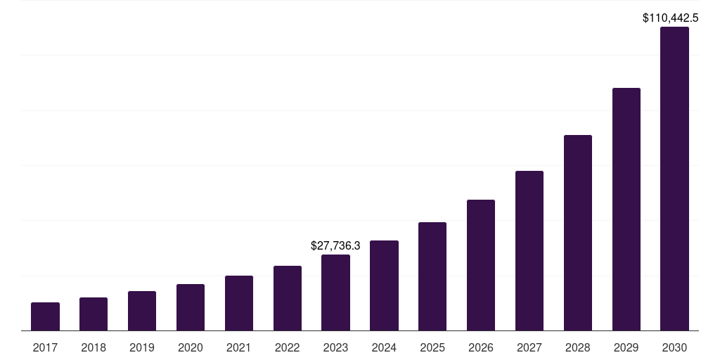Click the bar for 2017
pyautogui.click(x=45, y=316)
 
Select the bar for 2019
pyautogui.click(x=142, y=311)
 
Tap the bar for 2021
pyautogui.click(x=239, y=303)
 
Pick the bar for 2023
pyautogui.click(x=335, y=292)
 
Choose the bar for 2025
pyautogui.click(x=432, y=276)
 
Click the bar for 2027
pyautogui.click(x=529, y=250)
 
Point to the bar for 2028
pyautogui.click(x=578, y=233)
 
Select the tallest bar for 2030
pyautogui.click(x=674, y=179)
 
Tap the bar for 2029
pyautogui.click(x=626, y=209)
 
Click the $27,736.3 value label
pyautogui.click(x=335, y=245)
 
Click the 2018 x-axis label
pyautogui.click(x=94, y=347)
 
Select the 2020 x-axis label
pyautogui.click(x=191, y=347)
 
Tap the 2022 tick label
pyautogui.click(x=288, y=347)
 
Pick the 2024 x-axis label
pyautogui.click(x=384, y=347)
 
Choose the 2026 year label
pyautogui.click(x=481, y=347)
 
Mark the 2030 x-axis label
pyautogui.click(x=674, y=347)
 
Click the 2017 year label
pyautogui.click(x=45, y=347)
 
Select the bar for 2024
pyautogui.click(x=384, y=285)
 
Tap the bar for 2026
pyautogui.click(x=481, y=265)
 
